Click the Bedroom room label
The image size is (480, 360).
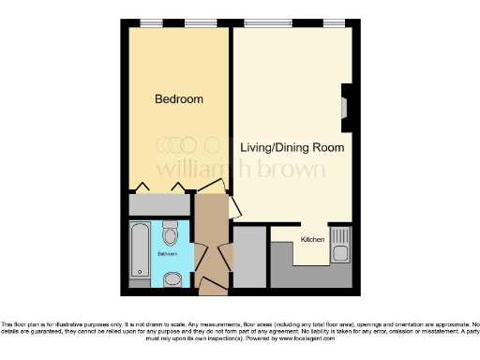178,98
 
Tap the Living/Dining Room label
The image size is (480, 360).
292,148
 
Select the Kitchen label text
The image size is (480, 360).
312,240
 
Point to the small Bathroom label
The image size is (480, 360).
167,254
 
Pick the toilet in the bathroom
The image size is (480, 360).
170,232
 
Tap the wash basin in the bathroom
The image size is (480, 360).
172,278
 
